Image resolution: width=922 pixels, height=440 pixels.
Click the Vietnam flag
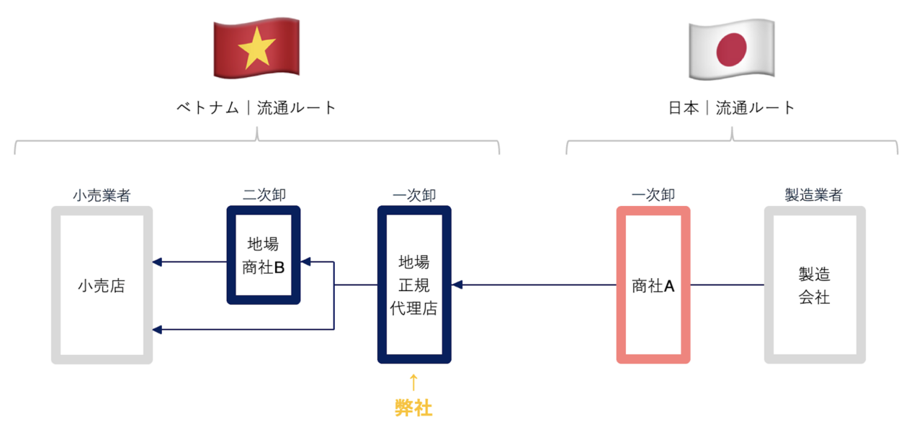pos(256,48)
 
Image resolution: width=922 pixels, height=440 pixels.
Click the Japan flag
pos(731,49)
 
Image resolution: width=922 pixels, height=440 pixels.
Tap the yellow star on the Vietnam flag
pos(256,49)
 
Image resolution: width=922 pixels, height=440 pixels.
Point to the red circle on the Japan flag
pos(731,49)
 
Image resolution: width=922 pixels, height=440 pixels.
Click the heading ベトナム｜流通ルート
pos(256,108)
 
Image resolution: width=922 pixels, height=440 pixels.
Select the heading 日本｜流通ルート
pos(732,108)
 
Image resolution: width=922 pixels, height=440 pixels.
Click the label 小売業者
pos(102,195)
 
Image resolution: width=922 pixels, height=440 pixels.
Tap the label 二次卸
pos(264,195)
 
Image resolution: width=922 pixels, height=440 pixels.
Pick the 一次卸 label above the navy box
pos(414,195)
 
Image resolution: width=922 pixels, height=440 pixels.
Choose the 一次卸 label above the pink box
pos(653,195)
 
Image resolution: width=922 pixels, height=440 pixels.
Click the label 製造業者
pos(814,195)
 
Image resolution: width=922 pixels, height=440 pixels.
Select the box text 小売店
pos(102,286)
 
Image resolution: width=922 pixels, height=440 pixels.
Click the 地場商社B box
pos(264,256)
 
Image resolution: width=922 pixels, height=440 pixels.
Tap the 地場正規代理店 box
pos(414,285)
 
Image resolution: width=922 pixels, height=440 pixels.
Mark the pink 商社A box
pos(653,286)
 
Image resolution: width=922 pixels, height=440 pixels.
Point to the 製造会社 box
pos(814,285)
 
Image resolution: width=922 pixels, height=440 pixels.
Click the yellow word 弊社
pos(413,408)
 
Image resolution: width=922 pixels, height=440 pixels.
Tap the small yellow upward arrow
pos(413,382)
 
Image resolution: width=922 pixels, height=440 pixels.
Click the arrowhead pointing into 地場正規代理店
pos(457,285)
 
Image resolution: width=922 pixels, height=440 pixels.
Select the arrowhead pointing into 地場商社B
pos(305,262)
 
